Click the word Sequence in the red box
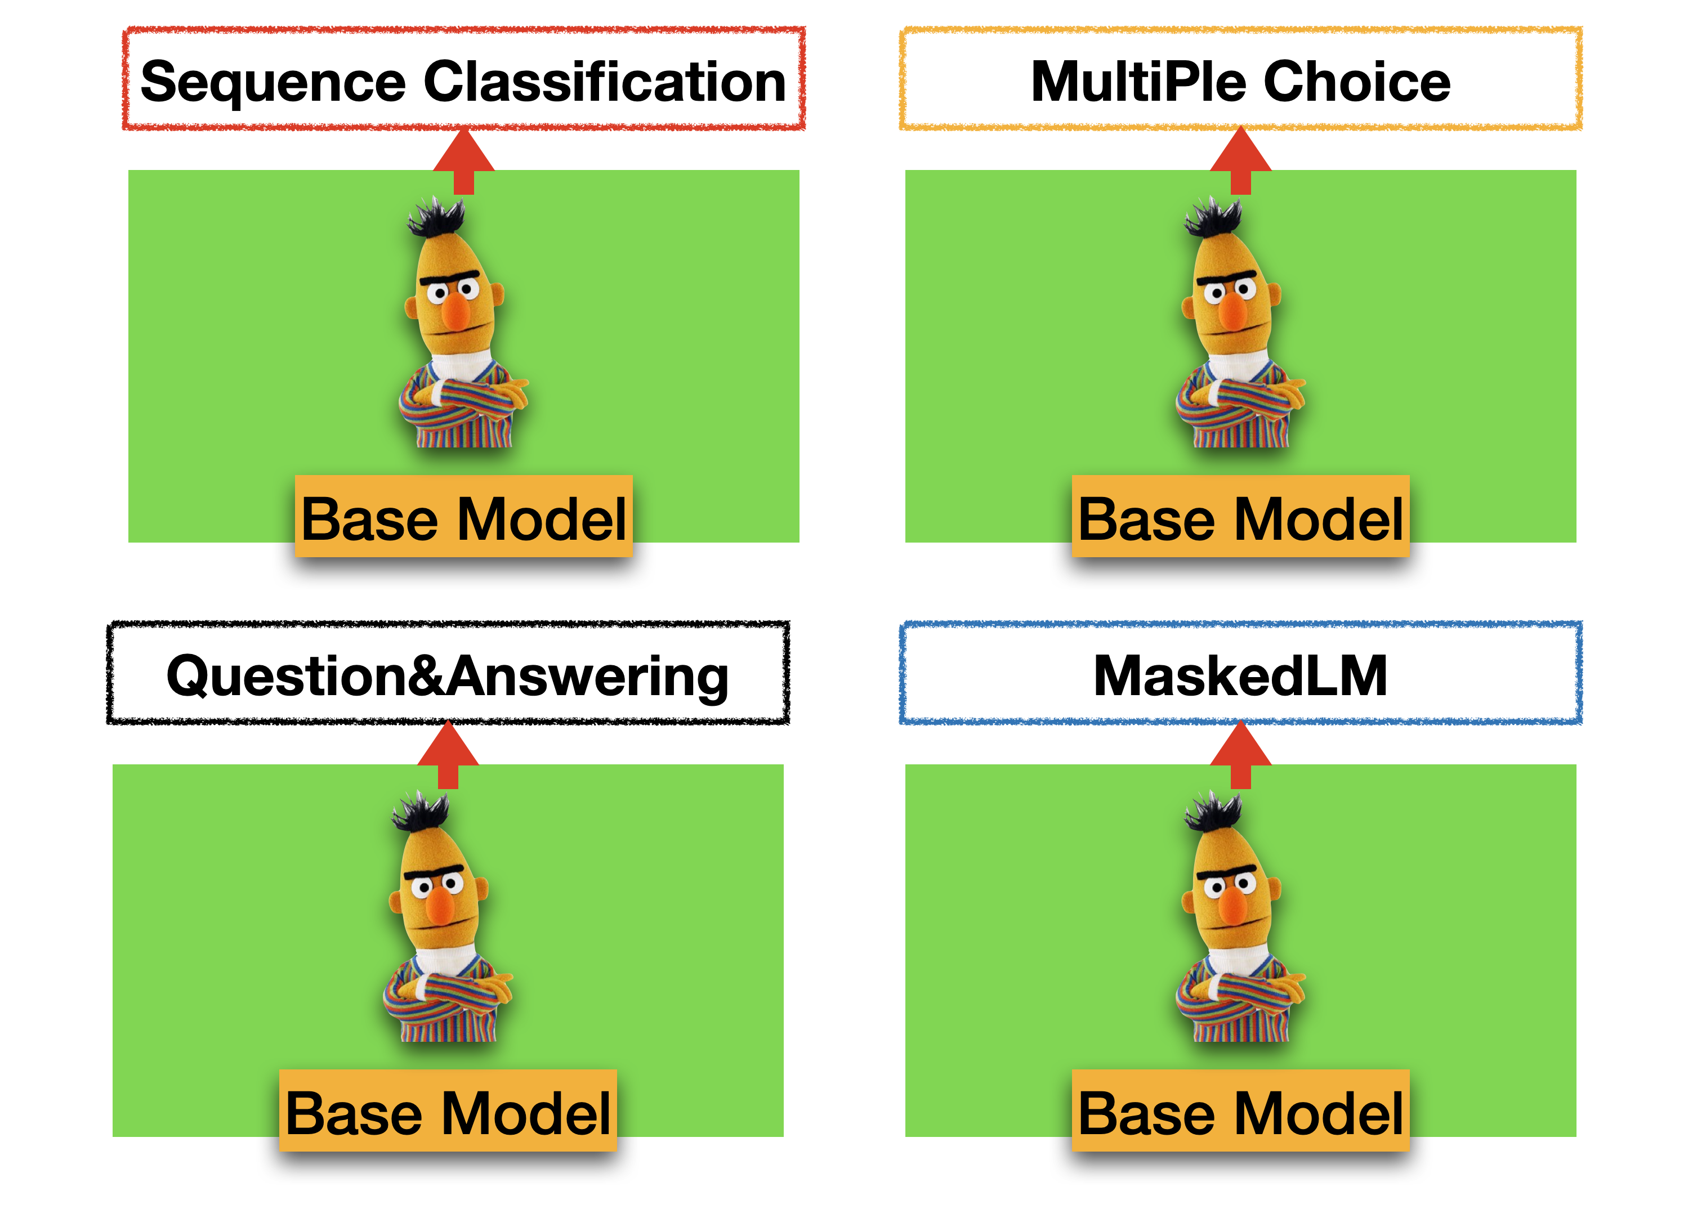pos(273,83)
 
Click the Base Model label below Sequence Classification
pos(463,517)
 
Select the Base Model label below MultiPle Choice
pos(1241,517)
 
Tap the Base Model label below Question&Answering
pos(448,1112)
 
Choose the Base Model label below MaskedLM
pos(1241,1112)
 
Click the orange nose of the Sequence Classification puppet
pos(455,311)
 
